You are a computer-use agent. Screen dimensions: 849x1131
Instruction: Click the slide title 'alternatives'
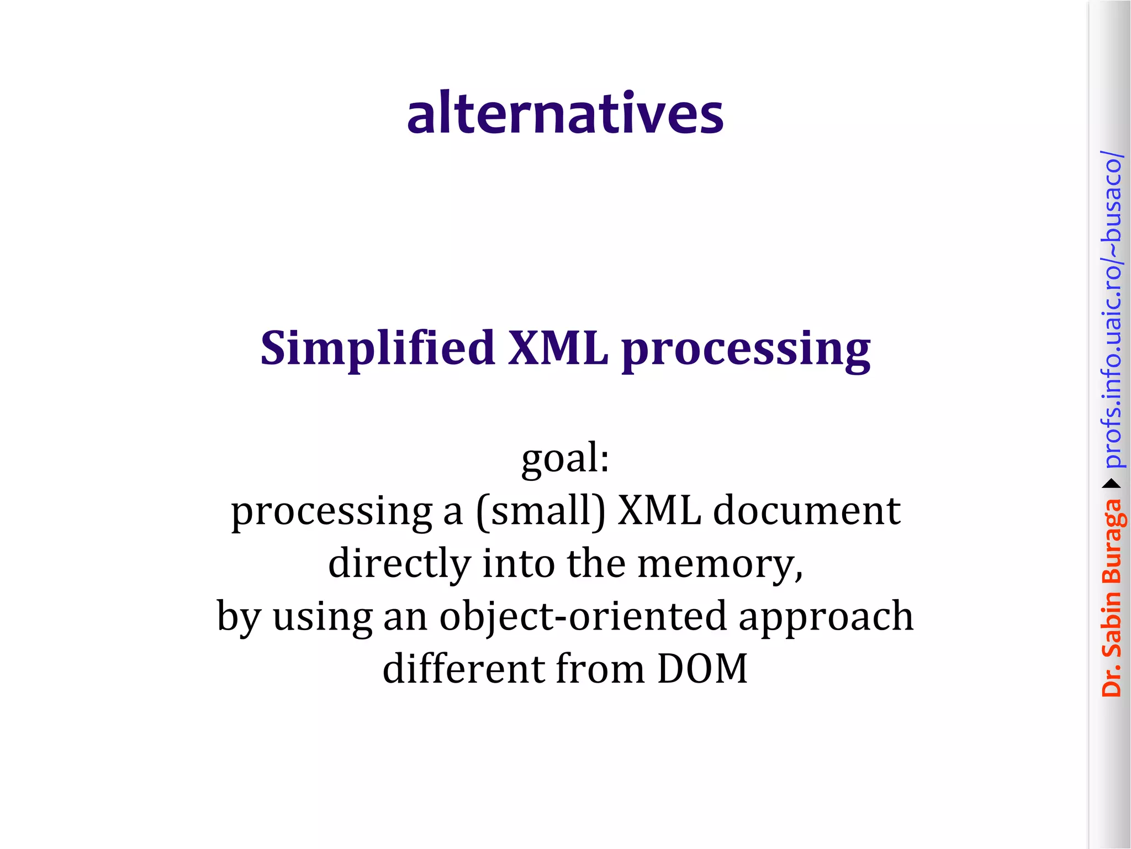point(565,113)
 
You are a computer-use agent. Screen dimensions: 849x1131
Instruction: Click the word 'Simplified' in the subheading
point(377,348)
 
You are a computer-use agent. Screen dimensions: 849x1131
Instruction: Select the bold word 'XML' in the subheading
point(558,348)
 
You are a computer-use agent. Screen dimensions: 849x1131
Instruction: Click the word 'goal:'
point(565,459)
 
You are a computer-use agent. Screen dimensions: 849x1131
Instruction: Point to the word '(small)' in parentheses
point(541,511)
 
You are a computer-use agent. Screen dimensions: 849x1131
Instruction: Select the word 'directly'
point(399,564)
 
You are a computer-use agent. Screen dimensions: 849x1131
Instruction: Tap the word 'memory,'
point(720,564)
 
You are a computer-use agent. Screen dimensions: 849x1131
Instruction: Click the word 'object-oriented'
point(583,616)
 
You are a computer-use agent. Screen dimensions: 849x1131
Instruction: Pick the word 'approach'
point(826,617)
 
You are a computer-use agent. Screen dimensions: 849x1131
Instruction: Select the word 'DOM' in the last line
point(702,668)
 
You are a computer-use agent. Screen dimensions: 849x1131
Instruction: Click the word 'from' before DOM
point(600,668)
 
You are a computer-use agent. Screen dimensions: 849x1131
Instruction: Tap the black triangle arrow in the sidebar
point(1112,484)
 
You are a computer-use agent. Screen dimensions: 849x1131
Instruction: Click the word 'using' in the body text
point(323,617)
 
